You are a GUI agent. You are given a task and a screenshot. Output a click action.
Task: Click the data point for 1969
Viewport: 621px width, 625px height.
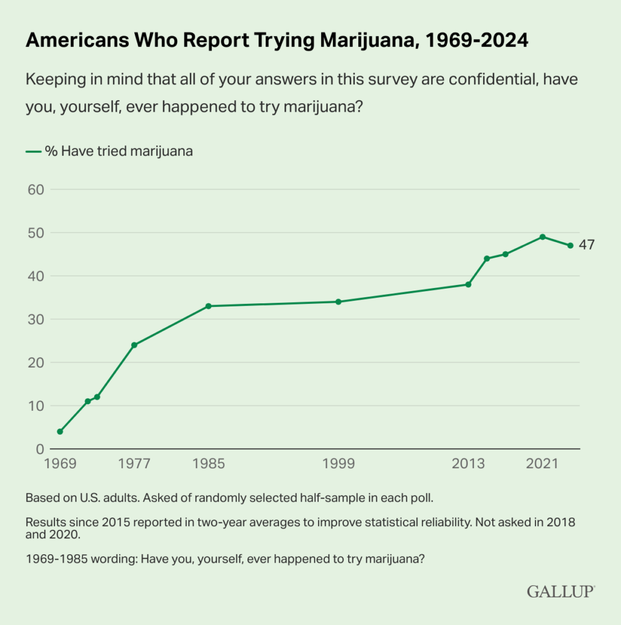pos(60,432)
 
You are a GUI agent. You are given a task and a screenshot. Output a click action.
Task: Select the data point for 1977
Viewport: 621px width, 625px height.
pos(134,345)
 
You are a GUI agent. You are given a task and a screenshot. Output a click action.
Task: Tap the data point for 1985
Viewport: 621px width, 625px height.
pos(208,306)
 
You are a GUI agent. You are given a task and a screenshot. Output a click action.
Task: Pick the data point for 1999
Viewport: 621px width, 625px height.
pos(338,302)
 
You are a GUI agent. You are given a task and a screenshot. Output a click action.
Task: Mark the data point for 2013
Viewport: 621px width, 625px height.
pos(468,284)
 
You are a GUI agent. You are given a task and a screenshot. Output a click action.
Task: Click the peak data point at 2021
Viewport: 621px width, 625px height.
pos(542,237)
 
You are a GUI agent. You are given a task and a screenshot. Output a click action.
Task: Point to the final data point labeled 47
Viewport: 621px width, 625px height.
pos(570,245)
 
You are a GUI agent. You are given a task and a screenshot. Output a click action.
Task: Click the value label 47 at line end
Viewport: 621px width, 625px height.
pos(586,245)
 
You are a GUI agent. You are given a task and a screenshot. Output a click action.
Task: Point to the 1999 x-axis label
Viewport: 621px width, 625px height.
pos(338,464)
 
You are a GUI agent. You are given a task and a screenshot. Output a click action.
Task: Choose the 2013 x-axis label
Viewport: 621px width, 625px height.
pos(468,464)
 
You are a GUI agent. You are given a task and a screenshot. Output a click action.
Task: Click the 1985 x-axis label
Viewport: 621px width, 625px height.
pos(208,464)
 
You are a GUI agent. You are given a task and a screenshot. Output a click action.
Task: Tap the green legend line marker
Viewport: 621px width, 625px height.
pos(32,152)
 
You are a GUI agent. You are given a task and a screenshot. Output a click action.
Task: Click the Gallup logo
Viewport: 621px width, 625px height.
pos(560,591)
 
